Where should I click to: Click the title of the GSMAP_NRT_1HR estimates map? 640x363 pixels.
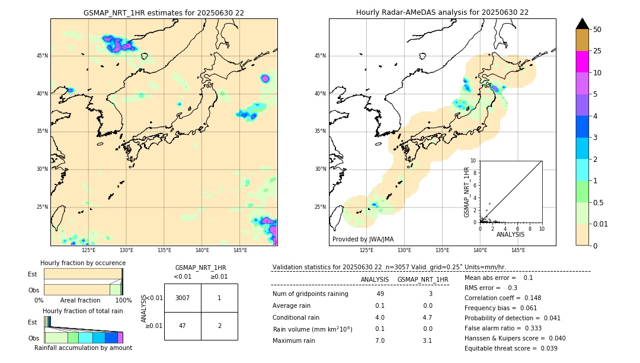164,12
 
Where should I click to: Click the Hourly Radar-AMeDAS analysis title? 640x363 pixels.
442,12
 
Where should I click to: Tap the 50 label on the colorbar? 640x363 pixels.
598,30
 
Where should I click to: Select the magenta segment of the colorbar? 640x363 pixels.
582,62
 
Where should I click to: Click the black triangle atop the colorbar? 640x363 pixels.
582,24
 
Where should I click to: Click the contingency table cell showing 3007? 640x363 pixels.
183,298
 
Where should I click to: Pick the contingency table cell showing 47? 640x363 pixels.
183,326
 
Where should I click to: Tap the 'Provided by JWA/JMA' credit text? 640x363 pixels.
363,240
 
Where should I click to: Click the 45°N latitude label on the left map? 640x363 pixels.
42,56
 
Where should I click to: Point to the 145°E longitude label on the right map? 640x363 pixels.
518,250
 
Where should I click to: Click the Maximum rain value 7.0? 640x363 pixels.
380,341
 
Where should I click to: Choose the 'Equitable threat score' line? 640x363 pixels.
511,349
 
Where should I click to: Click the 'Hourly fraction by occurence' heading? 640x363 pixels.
83,263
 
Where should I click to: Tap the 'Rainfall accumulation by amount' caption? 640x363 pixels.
83,348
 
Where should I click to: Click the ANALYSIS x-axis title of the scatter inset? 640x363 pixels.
510,235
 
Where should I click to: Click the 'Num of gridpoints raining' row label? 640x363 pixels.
310,294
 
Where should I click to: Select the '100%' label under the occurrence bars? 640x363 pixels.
123,301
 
